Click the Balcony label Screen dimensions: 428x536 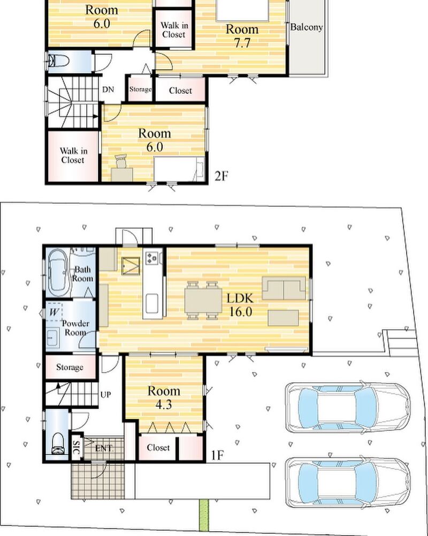click(x=307, y=27)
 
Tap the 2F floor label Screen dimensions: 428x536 click(x=221, y=176)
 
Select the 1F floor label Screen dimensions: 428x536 click(x=217, y=455)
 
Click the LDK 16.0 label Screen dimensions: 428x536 click(x=240, y=305)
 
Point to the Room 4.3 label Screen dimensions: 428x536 click(x=164, y=398)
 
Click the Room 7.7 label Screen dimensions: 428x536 click(x=242, y=36)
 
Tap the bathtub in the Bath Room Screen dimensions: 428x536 click(x=57, y=272)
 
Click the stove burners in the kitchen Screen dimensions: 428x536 click(x=151, y=257)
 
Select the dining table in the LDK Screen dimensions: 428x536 click(x=203, y=300)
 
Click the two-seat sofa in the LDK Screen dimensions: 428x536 click(x=284, y=288)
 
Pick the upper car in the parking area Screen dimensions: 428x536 click(x=348, y=407)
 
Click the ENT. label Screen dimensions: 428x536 click(x=104, y=448)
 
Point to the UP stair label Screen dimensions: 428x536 click(x=105, y=394)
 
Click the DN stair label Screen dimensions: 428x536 click(x=108, y=90)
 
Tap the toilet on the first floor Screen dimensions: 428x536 click(x=58, y=443)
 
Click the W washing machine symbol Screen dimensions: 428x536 click(x=54, y=312)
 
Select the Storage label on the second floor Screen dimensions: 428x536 click(x=140, y=89)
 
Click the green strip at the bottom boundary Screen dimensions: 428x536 click(x=204, y=516)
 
